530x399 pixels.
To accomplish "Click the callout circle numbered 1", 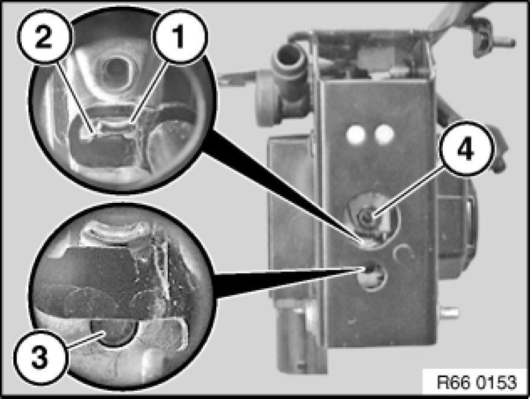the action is coord(179,36).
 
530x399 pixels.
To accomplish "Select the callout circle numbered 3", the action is coord(40,358).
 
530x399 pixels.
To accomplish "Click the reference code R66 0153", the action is coord(477,383).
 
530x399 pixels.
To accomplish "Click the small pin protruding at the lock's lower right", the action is coord(449,312).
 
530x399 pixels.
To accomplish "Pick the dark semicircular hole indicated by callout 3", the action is coord(114,333).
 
